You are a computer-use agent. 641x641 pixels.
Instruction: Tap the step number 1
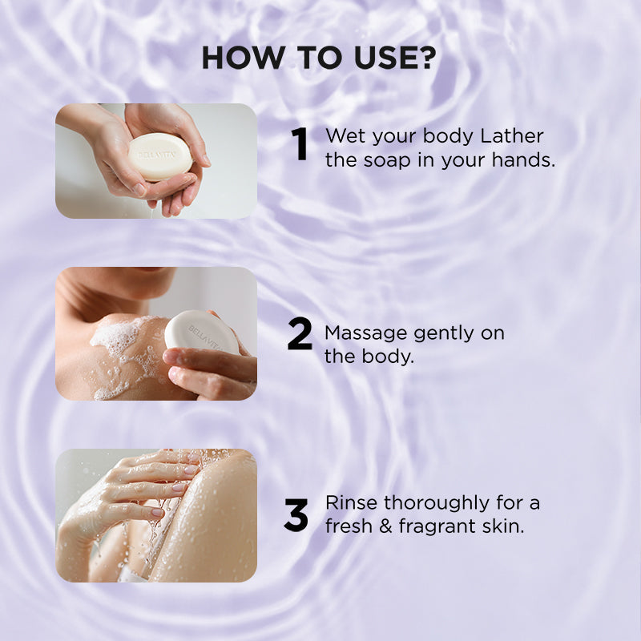click(300, 146)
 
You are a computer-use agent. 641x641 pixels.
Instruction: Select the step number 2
click(300, 336)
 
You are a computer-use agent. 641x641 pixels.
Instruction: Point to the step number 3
click(296, 516)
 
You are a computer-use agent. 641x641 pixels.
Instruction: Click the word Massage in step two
click(361, 333)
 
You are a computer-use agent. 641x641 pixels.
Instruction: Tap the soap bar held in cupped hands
click(160, 156)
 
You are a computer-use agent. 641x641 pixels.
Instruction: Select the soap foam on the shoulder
click(124, 353)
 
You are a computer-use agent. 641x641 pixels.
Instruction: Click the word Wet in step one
click(345, 135)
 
